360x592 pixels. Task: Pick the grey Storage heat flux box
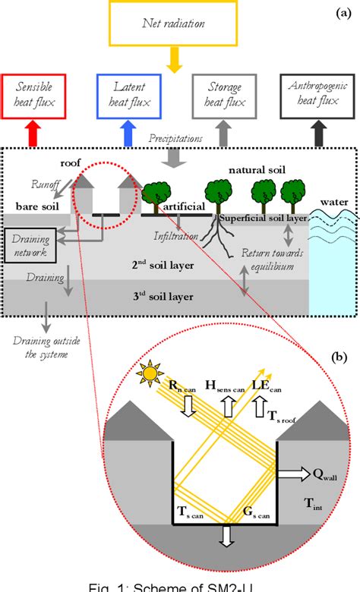click(x=223, y=97)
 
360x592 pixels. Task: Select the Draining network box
click(x=30, y=244)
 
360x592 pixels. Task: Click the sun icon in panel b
click(x=149, y=373)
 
